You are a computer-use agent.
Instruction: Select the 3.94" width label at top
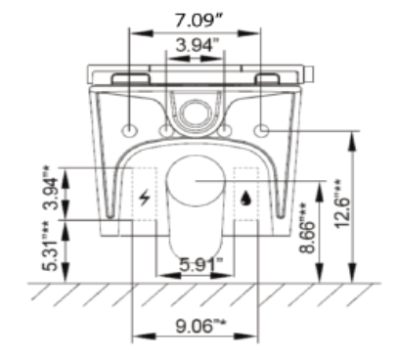198,46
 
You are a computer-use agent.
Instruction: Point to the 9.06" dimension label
197,322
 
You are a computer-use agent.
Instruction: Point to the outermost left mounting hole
131,130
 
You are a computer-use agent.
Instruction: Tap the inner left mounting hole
166,130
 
